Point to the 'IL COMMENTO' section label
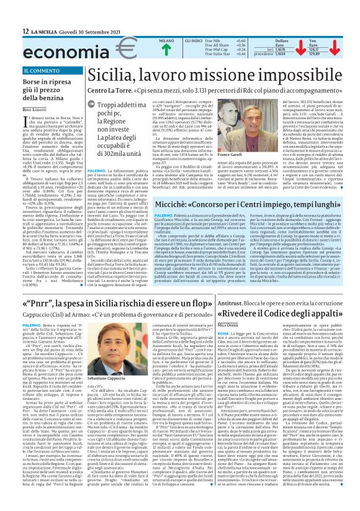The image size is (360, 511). click(40, 71)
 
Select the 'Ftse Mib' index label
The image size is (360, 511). click(204, 40)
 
